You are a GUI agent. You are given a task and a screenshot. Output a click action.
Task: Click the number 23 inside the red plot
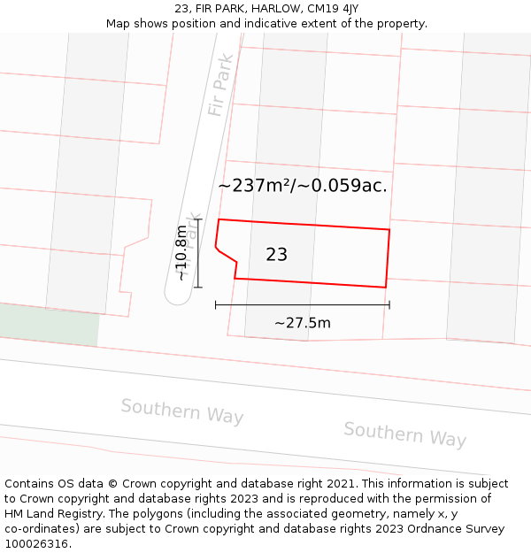point(276,255)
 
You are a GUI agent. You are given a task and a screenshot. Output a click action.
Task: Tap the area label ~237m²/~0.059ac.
point(303,186)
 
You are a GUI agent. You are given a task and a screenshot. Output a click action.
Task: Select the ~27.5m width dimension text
point(303,323)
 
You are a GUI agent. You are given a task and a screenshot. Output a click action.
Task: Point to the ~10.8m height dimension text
point(181,253)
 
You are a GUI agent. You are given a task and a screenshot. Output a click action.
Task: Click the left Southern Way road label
point(182,411)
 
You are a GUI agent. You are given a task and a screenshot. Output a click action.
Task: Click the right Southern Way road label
point(404,434)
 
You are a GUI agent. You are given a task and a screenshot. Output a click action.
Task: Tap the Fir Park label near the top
point(219,87)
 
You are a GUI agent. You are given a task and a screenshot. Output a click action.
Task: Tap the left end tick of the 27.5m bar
point(216,305)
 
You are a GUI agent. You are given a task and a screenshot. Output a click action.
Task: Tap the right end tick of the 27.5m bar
point(389,305)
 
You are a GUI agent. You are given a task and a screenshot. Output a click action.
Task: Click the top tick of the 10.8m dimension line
point(197,219)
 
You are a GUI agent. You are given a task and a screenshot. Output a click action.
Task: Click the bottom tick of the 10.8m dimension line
point(197,287)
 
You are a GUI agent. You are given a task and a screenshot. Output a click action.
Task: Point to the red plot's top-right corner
point(389,230)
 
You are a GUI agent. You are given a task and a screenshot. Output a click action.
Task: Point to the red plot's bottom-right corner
point(385,287)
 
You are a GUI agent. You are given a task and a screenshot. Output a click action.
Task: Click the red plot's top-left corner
point(219,219)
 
